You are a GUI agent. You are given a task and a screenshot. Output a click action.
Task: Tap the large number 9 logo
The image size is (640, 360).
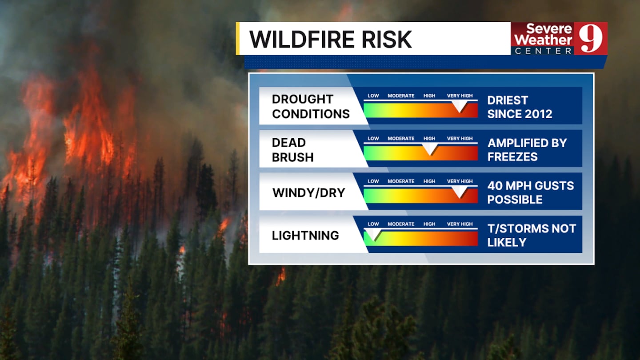click(x=591, y=38)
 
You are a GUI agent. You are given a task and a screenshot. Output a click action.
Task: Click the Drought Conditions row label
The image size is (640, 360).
click(x=311, y=106)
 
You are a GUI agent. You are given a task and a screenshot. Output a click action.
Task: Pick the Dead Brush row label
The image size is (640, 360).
click(x=292, y=150)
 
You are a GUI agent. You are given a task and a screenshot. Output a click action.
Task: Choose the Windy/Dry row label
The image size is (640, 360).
click(x=308, y=192)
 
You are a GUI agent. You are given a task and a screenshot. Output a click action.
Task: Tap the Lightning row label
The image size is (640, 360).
click(x=305, y=236)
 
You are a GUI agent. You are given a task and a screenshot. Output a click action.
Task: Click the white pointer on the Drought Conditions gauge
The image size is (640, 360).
click(x=460, y=106)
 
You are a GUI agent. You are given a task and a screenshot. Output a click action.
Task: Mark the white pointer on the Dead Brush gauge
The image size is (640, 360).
click(x=430, y=148)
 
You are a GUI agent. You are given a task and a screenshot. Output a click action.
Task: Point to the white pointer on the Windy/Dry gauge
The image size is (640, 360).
click(x=460, y=192)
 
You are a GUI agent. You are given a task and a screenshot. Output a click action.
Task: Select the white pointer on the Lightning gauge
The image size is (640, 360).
click(x=373, y=234)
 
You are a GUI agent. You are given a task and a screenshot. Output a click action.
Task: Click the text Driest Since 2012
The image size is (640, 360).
click(x=520, y=107)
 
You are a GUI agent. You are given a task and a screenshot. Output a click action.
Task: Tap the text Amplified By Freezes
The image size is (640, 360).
click(x=527, y=150)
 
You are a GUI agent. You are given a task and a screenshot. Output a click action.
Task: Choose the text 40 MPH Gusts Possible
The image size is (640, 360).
click(x=531, y=192)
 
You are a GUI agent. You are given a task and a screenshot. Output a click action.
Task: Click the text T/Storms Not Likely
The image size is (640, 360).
click(x=532, y=236)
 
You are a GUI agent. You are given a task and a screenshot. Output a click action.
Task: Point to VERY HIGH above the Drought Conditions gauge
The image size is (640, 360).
click(x=460, y=96)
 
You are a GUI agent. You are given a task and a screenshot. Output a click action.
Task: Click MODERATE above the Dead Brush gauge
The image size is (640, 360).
click(x=401, y=139)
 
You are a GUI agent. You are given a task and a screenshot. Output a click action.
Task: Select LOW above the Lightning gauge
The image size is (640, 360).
click(x=373, y=224)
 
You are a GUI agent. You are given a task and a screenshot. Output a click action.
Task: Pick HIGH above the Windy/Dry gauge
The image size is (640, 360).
click(x=429, y=181)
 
